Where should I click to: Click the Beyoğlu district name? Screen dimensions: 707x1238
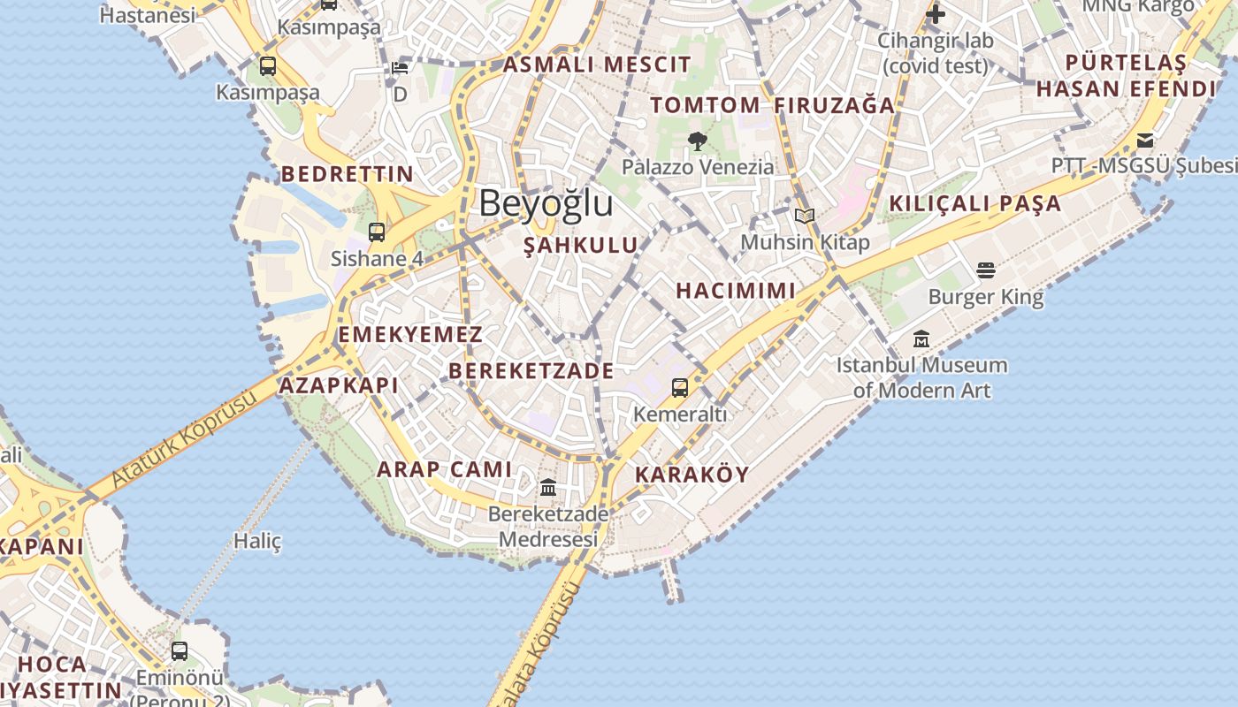(x=546, y=204)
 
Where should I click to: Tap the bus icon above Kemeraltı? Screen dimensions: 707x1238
(x=679, y=387)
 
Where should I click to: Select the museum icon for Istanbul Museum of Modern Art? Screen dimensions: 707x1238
(x=921, y=338)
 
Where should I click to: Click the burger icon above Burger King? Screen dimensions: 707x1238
(x=986, y=270)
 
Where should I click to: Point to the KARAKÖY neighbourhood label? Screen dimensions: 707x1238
(x=692, y=475)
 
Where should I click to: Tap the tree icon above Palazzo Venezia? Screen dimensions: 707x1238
(x=697, y=141)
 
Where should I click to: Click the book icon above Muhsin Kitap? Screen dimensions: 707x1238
(x=804, y=216)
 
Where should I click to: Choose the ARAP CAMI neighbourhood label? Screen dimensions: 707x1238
(x=445, y=469)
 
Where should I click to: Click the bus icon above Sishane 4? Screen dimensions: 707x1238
(x=377, y=232)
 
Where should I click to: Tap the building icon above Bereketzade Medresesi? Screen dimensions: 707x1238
(x=548, y=487)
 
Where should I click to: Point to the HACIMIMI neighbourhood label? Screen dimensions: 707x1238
(x=736, y=291)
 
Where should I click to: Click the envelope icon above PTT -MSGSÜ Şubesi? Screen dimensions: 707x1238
(x=1145, y=140)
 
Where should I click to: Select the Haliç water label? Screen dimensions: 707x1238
(x=257, y=541)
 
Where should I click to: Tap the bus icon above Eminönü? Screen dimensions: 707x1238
(x=180, y=651)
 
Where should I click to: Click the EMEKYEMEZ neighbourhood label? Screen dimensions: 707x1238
(x=410, y=335)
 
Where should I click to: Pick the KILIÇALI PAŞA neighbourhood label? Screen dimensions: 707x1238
(x=974, y=203)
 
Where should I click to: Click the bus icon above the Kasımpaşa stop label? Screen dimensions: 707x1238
(x=267, y=66)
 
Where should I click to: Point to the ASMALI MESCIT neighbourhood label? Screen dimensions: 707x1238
(x=597, y=65)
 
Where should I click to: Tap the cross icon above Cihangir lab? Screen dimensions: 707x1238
(x=936, y=14)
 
